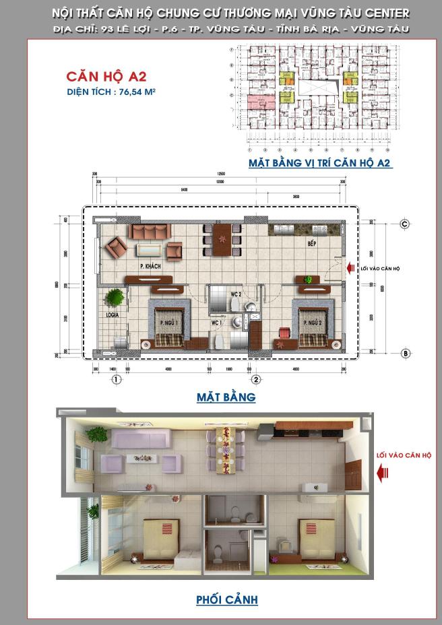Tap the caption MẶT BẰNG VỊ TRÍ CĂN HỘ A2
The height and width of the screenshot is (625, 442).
[x=320, y=163]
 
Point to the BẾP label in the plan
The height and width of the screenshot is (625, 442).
[x=312, y=243]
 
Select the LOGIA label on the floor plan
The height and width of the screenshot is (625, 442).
[x=113, y=314]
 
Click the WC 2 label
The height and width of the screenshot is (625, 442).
[x=235, y=294]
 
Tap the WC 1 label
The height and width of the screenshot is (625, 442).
[x=217, y=323]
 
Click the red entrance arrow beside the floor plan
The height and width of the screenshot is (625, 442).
[x=351, y=268]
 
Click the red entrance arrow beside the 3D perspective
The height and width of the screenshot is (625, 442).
[x=383, y=475]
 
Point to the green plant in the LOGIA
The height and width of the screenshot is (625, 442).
[x=115, y=297]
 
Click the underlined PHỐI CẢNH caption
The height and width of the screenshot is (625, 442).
[x=226, y=599]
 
